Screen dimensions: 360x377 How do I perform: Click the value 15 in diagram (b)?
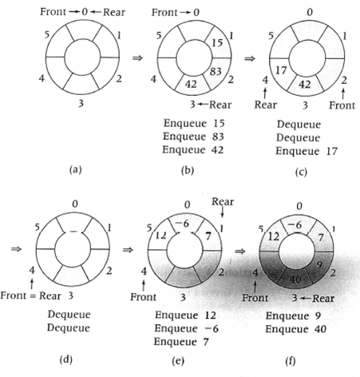tap(217, 42)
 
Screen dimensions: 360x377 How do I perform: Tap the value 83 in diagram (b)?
tap(216, 71)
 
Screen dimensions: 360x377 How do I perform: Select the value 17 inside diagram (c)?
tap(281, 70)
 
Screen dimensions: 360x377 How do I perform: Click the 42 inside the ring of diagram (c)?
tap(305, 85)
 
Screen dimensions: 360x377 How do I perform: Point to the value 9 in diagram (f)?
tap(319, 264)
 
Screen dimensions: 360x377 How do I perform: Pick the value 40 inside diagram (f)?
tap(295, 279)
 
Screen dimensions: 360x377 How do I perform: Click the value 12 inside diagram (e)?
tap(160, 236)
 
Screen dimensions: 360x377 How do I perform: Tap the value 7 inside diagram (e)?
tap(208, 236)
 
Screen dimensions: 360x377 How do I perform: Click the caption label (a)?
tap(75, 169)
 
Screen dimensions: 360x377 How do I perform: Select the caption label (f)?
tap(290, 361)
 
